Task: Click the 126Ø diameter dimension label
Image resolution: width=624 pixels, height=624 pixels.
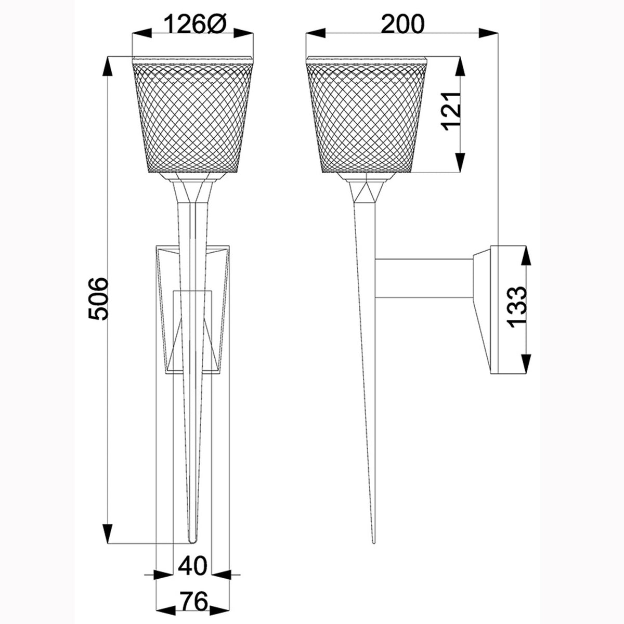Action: pyautogui.click(x=193, y=24)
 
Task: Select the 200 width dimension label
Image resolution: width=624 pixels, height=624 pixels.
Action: pyautogui.click(x=402, y=24)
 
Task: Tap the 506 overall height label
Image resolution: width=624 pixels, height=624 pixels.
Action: pyautogui.click(x=97, y=298)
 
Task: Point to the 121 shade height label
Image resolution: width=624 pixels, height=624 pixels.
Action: pyautogui.click(x=451, y=111)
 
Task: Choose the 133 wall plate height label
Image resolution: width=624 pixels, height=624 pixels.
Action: pyautogui.click(x=516, y=307)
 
